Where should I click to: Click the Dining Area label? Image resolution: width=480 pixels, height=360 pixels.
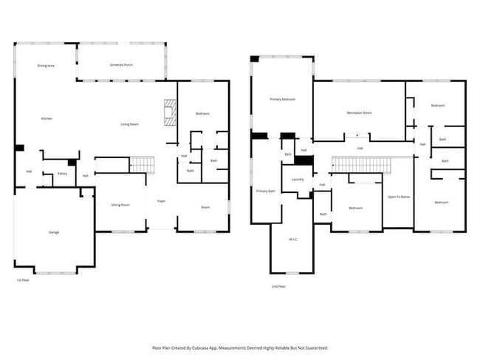pyautogui.click(x=46, y=66)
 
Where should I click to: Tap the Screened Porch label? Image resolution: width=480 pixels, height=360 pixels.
pyautogui.click(x=121, y=66)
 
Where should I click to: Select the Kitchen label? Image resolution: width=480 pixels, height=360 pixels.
pyautogui.click(x=47, y=118)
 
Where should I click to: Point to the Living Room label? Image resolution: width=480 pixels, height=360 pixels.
pyautogui.click(x=130, y=124)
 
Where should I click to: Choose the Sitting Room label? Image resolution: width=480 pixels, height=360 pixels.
pyautogui.click(x=120, y=205)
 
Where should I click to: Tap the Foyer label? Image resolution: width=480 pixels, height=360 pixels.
pyautogui.click(x=161, y=201)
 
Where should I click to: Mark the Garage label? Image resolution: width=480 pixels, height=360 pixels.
pyautogui.click(x=54, y=232)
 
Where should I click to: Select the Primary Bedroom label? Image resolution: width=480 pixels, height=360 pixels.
pyautogui.click(x=282, y=98)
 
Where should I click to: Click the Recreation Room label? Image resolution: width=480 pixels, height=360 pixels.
pyautogui.click(x=359, y=112)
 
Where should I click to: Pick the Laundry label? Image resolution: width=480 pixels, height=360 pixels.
pyautogui.click(x=298, y=179)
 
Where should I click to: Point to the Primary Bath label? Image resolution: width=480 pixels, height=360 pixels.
pyautogui.click(x=266, y=191)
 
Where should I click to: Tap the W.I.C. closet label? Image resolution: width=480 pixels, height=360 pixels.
pyautogui.click(x=294, y=240)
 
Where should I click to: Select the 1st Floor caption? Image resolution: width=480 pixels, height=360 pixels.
pyautogui.click(x=23, y=281)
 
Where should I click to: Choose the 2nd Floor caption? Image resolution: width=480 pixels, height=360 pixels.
pyautogui.click(x=278, y=286)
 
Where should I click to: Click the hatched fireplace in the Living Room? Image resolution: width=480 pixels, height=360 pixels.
pyautogui.click(x=171, y=111)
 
